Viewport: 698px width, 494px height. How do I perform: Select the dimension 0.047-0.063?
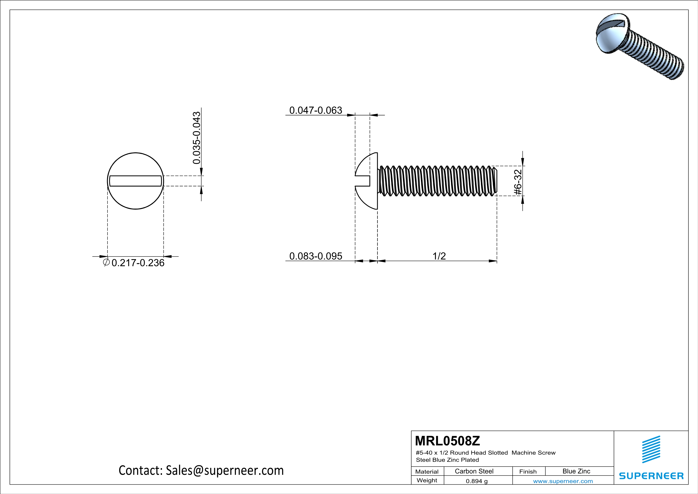tap(315, 110)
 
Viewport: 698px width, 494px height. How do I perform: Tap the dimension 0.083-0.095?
tap(315, 256)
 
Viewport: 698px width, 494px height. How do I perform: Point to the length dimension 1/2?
tap(439, 256)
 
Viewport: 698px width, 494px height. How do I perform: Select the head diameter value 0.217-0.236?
tap(138, 263)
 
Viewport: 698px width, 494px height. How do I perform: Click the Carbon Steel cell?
tap(474, 471)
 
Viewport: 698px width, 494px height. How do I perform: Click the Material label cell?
tap(427, 471)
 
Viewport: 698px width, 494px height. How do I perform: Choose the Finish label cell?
tap(528, 471)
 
